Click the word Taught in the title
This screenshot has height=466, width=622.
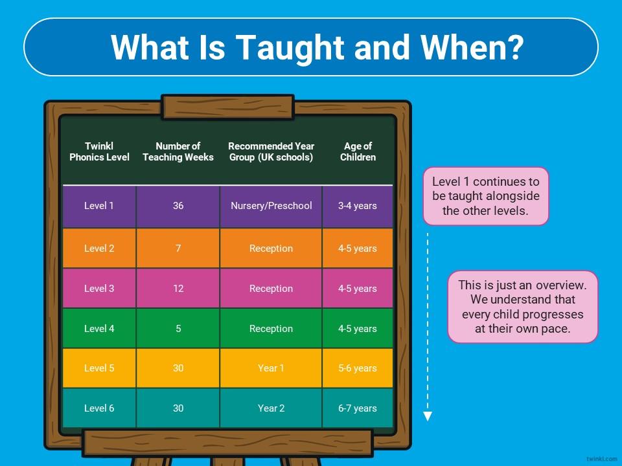pos(291,48)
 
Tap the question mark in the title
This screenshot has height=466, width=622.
pos(515,47)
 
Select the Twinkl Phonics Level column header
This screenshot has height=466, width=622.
pos(99,151)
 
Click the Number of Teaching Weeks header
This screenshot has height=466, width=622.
pos(178,151)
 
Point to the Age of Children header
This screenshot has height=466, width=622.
pos(358,151)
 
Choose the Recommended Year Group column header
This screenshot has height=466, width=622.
pos(271,151)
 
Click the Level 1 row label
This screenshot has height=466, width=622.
pos(99,206)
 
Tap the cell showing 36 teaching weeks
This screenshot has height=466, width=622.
pos(178,206)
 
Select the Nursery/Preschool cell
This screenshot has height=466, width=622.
pos(271,206)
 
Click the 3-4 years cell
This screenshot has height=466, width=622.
pos(358,206)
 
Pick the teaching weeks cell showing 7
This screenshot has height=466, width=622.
pos(178,249)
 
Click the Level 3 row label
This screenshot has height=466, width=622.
pos(99,289)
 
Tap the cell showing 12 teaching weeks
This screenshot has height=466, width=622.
pos(178,289)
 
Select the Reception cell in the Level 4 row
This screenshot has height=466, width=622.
pos(271,329)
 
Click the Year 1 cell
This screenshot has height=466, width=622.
pos(271,368)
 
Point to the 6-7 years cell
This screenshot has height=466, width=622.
pos(358,408)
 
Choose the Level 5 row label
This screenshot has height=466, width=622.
pos(99,368)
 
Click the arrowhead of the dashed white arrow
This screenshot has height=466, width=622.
pos(427,416)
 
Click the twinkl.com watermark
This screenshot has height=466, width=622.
pos(602,459)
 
